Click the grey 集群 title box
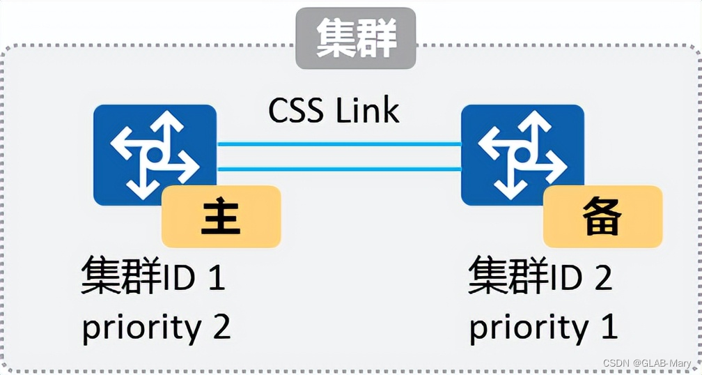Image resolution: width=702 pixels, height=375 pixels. click(355, 38)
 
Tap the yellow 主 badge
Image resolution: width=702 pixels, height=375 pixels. click(221, 217)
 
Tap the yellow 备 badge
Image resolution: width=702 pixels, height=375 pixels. click(602, 217)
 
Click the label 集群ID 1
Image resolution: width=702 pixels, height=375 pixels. click(153, 277)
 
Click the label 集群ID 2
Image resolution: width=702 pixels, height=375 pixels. click(540, 277)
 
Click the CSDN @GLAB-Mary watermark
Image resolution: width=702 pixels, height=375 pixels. click(648, 364)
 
